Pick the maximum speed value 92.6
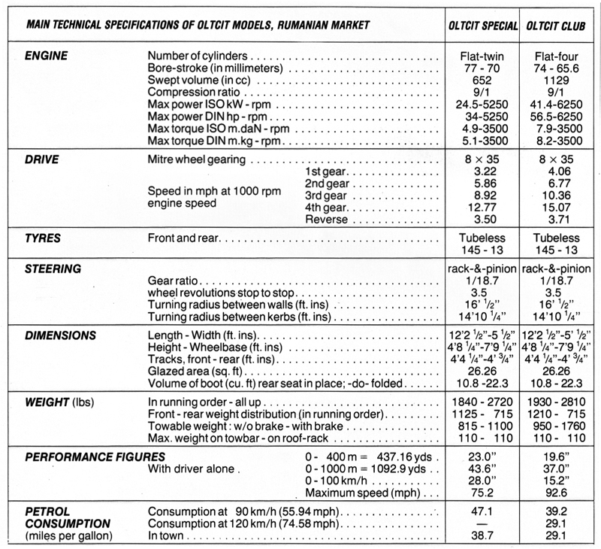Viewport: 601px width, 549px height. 557,493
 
